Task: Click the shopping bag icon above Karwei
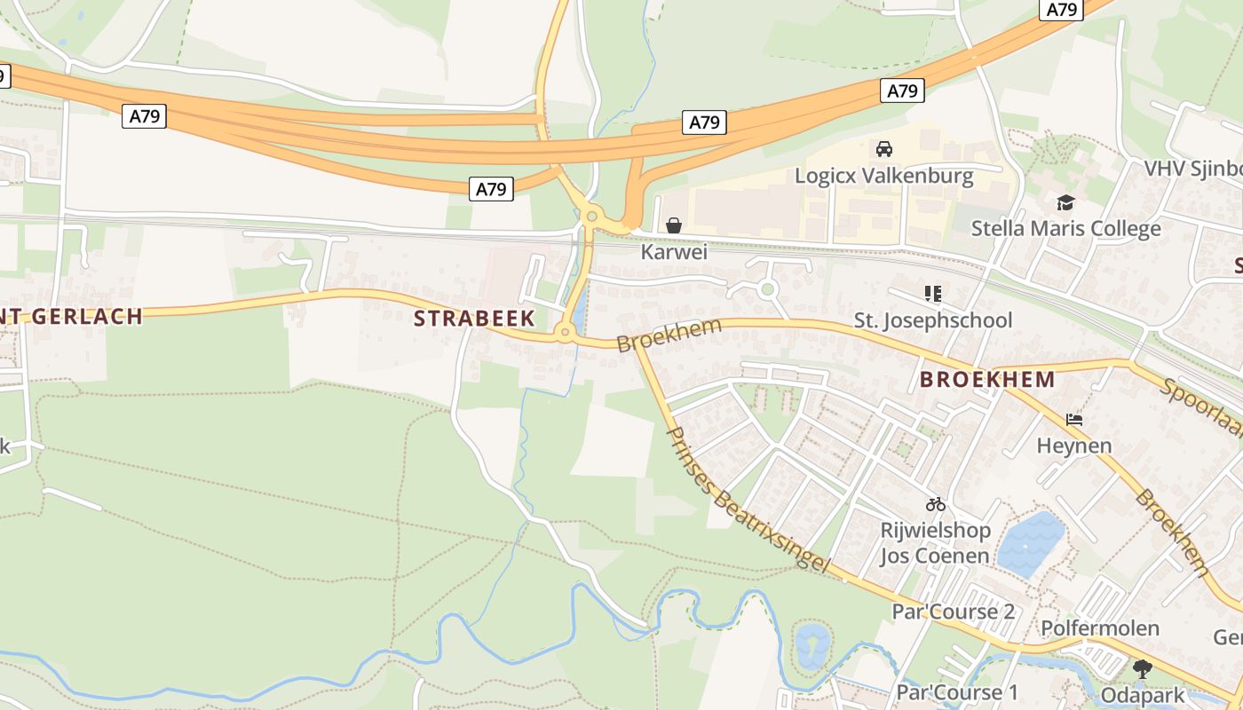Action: [x=674, y=225]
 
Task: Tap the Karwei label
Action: [x=674, y=252]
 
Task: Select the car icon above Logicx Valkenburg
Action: [x=883, y=149]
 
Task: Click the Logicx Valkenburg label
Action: [x=883, y=175]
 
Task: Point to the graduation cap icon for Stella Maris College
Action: [x=1065, y=203]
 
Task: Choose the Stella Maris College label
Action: [x=1065, y=228]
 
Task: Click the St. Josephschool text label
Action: [x=932, y=319]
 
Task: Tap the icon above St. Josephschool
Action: [x=932, y=293]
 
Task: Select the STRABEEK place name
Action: [x=475, y=318]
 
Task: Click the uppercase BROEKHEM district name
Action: [x=987, y=380]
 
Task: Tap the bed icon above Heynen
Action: [x=1074, y=419]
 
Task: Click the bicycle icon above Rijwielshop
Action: [x=935, y=504]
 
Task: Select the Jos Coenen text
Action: [x=934, y=556]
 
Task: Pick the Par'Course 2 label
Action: [x=953, y=611]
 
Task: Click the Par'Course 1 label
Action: [x=957, y=691]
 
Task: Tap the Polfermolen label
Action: [x=1100, y=628]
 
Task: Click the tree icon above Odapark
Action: [x=1142, y=668]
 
